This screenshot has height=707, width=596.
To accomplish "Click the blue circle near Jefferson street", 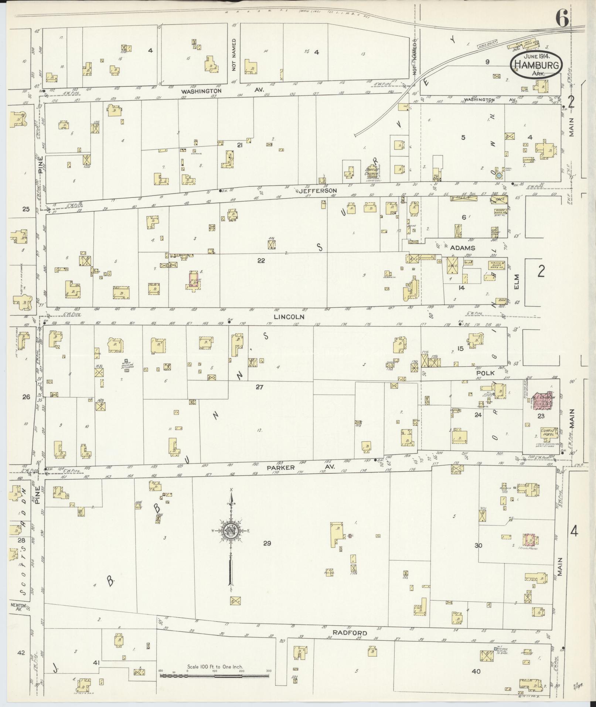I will [x=499, y=176].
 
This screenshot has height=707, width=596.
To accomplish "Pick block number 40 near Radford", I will [x=476, y=671].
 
